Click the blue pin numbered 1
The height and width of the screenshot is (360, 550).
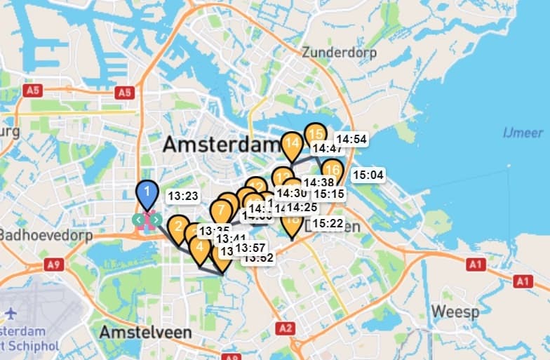[x=146, y=192]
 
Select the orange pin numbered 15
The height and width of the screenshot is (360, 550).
[x=316, y=134]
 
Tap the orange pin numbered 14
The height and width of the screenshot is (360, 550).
[x=293, y=144]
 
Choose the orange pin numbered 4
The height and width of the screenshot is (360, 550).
[x=200, y=248]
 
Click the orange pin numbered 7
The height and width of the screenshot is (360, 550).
[x=221, y=210]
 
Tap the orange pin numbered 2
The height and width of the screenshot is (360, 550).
[x=178, y=227]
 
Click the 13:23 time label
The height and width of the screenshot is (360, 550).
[x=184, y=197]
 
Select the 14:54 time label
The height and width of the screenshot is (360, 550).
[x=351, y=139]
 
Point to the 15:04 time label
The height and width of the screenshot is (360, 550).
[x=368, y=175]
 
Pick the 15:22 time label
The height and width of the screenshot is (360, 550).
[x=328, y=223]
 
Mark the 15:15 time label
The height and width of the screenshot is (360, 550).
[x=328, y=194]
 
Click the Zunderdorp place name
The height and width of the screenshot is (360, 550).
[x=339, y=53]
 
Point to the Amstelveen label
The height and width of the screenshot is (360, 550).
[x=145, y=332]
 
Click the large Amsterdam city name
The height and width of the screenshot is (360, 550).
[x=222, y=145]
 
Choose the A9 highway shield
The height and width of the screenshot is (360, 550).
[x=53, y=264]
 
